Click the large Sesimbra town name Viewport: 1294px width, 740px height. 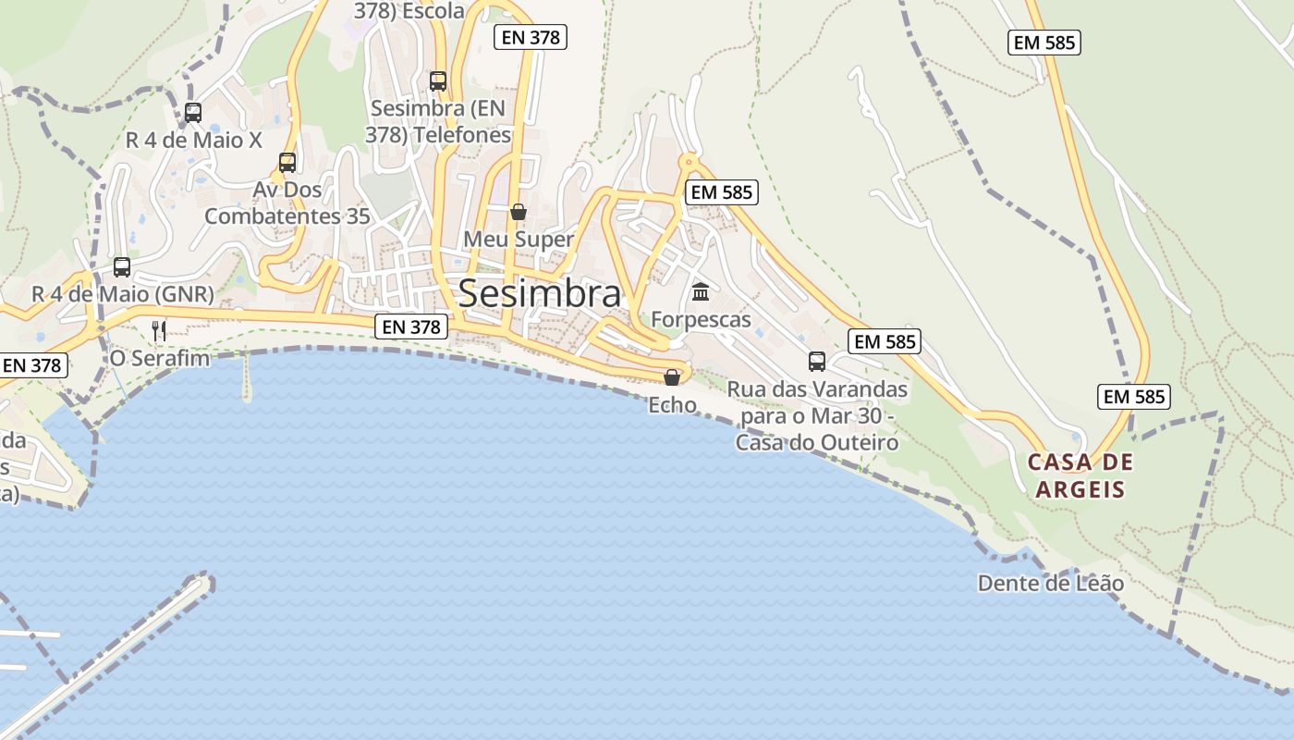(x=540, y=293)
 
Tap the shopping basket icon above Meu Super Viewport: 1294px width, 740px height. (x=519, y=212)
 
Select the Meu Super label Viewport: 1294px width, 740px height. (x=519, y=239)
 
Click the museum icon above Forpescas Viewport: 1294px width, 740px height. (x=701, y=292)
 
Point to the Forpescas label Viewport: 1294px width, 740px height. (x=701, y=319)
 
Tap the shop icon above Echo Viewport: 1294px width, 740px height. (x=672, y=377)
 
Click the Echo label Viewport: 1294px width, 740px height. (x=672, y=404)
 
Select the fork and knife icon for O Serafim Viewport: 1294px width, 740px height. (x=159, y=330)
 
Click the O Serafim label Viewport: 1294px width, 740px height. (x=159, y=357)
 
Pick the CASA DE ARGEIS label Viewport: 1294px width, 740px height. (x=1080, y=475)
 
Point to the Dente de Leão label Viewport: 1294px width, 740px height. (x=1051, y=584)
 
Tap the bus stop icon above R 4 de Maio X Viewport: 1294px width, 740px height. (x=193, y=113)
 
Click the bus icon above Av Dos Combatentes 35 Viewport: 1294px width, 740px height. (x=287, y=163)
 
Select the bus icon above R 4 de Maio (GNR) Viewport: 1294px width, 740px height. (x=122, y=267)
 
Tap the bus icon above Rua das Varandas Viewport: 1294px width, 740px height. (x=817, y=362)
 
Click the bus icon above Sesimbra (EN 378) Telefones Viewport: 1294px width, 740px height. (x=438, y=81)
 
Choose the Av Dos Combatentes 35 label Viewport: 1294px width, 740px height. (x=287, y=203)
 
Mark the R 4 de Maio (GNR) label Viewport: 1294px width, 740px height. (x=123, y=294)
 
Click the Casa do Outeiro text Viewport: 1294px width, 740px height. (x=817, y=443)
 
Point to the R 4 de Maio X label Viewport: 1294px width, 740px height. (x=194, y=141)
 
